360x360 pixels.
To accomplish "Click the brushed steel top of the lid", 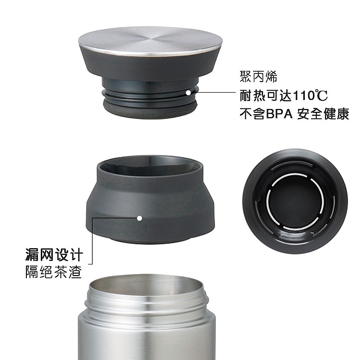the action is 150,41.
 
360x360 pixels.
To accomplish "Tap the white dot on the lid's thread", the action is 188,93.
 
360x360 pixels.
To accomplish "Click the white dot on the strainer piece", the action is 140,218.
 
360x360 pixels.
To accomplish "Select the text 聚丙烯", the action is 259,76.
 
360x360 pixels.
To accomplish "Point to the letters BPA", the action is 279,114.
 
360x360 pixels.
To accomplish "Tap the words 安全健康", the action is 323,114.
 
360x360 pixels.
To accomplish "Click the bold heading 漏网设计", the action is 54,254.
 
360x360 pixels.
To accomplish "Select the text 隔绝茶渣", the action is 53,272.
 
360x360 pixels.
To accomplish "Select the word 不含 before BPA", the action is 253,114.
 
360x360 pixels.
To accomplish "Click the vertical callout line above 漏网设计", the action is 93,241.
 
